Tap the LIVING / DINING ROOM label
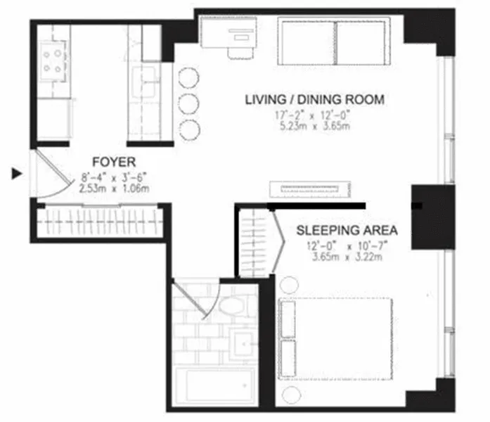314,100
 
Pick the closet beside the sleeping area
254,243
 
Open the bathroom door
199,299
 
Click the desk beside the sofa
223,32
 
